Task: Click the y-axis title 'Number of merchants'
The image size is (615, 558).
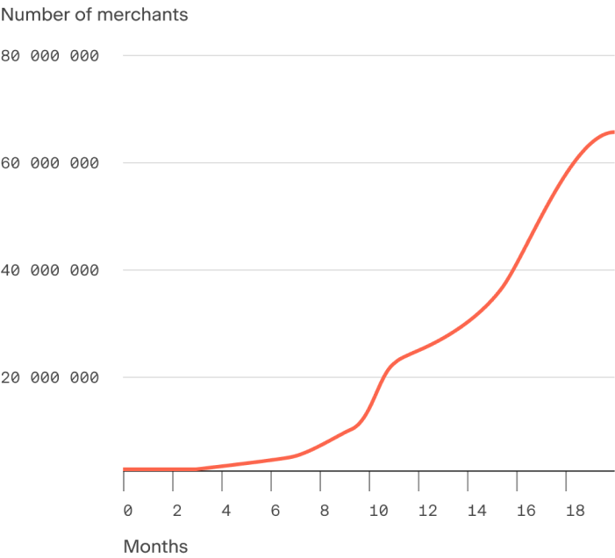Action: [x=94, y=15]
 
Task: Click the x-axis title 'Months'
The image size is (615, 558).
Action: [x=155, y=547]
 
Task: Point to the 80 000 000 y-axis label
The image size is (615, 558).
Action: [x=51, y=56]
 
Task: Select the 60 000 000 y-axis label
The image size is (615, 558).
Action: [x=51, y=163]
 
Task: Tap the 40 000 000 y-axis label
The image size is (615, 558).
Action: [x=51, y=270]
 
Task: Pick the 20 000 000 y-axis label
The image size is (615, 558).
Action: [x=51, y=378]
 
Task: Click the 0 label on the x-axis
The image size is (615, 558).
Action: [x=127, y=510]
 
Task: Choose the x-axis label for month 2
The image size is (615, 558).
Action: [x=176, y=510]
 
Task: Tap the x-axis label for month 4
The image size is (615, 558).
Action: [x=225, y=510]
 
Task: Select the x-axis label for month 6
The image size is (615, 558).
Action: [x=275, y=510]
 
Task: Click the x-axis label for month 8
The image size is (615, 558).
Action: [x=324, y=510]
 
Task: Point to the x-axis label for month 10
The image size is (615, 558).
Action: [x=378, y=510]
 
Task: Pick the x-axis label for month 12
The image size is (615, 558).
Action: [x=427, y=510]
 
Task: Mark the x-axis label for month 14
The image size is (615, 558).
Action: [x=476, y=510]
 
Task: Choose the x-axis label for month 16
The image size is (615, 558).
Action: [x=526, y=510]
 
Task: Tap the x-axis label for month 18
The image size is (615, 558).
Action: [x=575, y=510]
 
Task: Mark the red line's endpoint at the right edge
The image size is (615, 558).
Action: [x=612, y=132]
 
